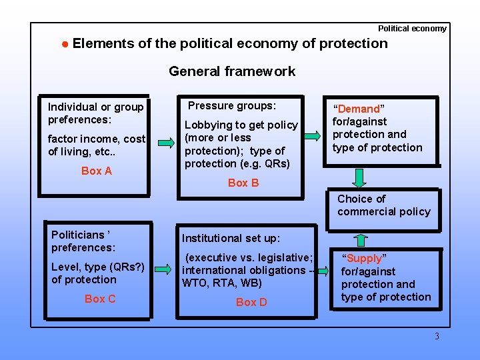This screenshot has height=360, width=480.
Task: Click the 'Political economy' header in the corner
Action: (412, 29)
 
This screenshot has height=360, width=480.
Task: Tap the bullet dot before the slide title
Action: (65, 44)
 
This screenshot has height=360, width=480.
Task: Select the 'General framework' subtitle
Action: (231, 71)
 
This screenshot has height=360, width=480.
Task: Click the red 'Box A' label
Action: (96, 171)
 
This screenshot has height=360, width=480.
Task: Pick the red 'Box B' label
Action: (243, 183)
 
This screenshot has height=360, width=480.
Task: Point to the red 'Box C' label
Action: (99, 299)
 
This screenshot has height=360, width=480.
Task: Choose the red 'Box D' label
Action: (251, 302)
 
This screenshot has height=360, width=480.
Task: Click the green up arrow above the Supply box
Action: (360, 241)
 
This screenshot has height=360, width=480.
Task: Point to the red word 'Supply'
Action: (364, 258)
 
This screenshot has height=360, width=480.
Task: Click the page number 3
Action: (437, 336)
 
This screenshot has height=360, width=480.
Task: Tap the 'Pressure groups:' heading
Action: (231, 105)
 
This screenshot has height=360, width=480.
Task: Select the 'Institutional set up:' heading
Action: (231, 238)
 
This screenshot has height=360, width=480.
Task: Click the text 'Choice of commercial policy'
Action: (383, 205)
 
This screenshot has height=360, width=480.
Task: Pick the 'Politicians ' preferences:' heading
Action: (83, 241)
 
